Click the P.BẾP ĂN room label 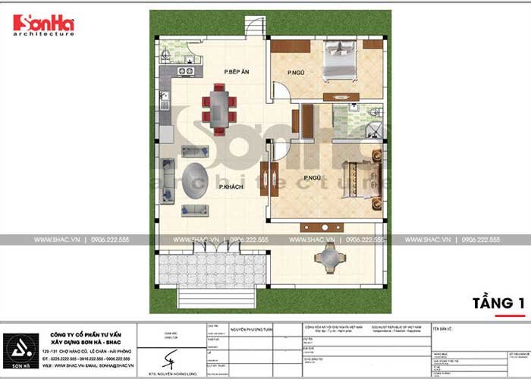click(237, 72)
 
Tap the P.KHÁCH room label click(231, 187)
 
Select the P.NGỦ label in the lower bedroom click(312, 179)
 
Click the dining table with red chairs click(218, 109)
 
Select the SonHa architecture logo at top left click(43, 26)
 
